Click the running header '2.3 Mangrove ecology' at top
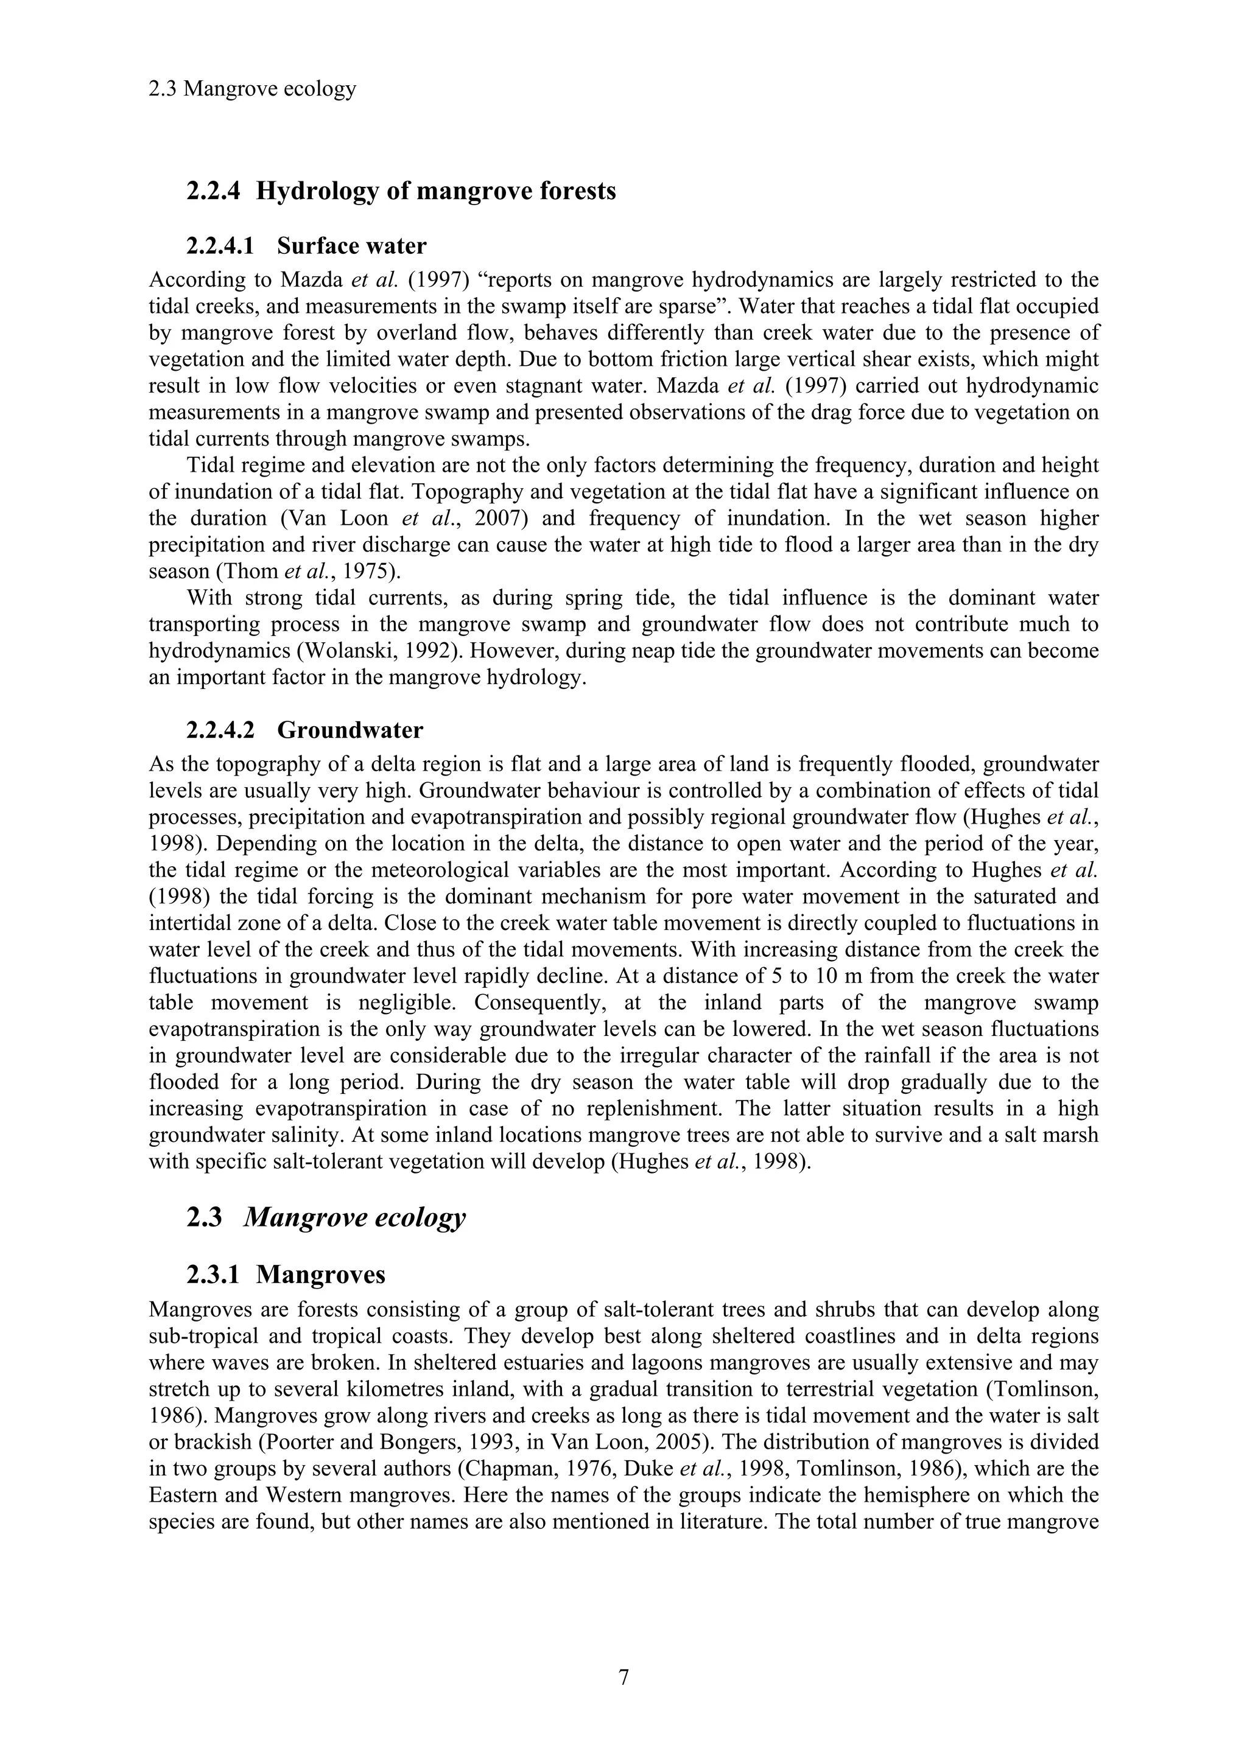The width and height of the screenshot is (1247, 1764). pos(252,89)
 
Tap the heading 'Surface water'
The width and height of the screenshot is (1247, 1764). pos(351,246)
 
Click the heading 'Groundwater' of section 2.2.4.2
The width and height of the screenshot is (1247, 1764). pos(350,730)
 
